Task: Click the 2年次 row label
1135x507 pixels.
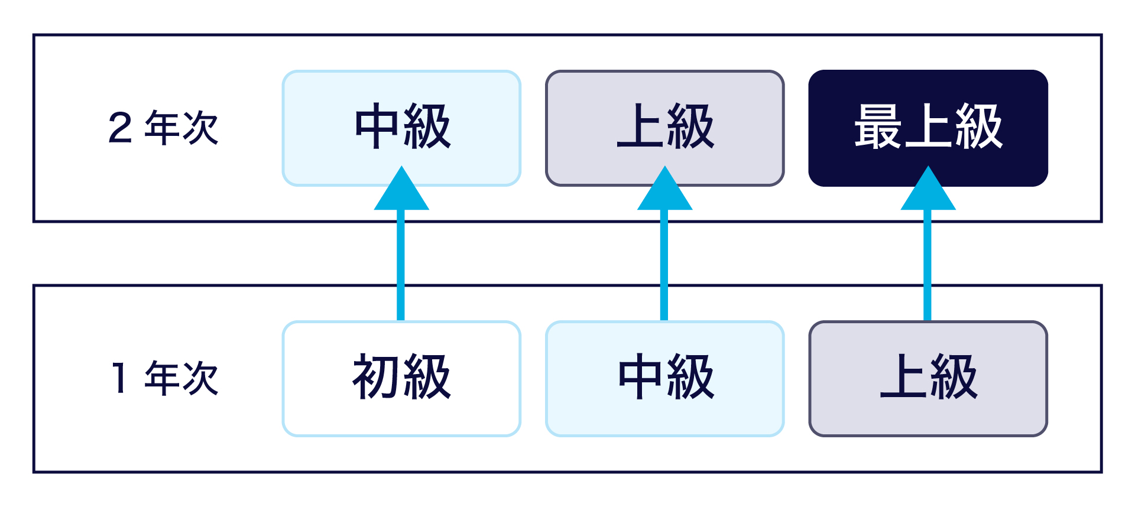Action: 163,128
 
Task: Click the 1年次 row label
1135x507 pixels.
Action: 163,378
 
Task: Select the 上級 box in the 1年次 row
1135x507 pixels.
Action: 928,414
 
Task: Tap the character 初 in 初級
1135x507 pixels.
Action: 376,377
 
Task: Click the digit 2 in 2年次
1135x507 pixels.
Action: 120,128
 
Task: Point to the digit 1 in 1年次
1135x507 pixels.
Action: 120,378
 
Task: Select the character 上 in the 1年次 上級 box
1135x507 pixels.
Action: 903,376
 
